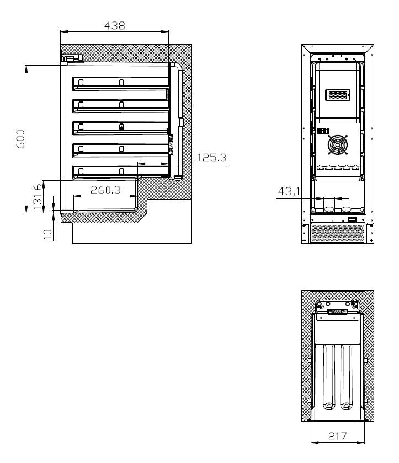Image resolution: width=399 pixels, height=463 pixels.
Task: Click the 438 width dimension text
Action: (115, 25)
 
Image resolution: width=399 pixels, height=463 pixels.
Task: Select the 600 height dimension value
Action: (20, 138)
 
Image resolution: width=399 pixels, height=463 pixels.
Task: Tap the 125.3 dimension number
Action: (212, 158)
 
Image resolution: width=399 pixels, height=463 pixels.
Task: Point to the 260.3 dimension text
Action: (105, 190)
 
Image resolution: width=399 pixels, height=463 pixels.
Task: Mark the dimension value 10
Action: (48, 235)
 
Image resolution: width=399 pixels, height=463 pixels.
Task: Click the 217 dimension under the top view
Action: (337, 437)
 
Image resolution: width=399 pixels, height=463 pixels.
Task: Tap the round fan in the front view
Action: (338, 146)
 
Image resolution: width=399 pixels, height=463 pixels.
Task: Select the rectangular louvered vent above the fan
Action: (338, 96)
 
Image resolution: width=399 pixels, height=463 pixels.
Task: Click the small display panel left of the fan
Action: (322, 132)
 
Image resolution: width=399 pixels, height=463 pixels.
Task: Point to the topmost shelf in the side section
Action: (120, 83)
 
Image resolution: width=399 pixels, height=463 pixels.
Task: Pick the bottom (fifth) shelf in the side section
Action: (120, 171)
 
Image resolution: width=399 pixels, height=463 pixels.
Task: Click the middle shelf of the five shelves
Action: (120, 127)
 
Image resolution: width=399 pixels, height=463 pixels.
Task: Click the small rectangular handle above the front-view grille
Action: (352, 220)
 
